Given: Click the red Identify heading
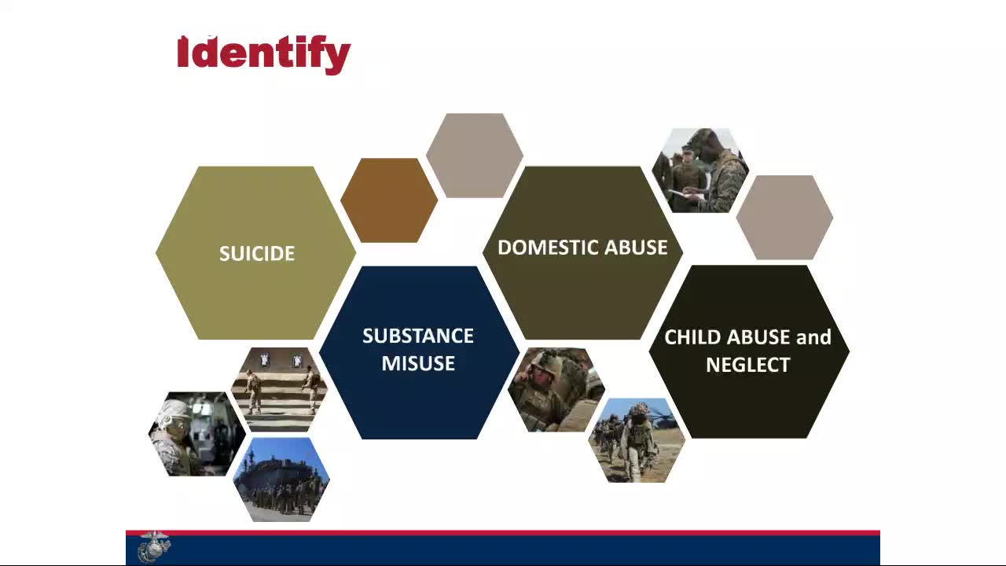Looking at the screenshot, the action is [263, 55].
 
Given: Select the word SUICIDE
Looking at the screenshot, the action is [257, 254].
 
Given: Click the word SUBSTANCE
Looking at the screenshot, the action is [417, 336].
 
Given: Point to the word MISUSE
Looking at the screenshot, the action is [418, 363].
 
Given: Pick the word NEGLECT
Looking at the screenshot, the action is [747, 365].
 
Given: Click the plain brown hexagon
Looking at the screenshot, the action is [389, 200].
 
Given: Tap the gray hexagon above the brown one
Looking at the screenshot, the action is [474, 156].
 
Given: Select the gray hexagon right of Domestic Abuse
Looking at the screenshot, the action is [784, 218].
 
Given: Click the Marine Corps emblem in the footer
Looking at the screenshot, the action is [154, 546].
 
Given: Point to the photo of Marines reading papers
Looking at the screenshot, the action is [700, 171].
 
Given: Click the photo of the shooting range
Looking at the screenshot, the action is [279, 389].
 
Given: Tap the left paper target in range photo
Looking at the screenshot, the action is [265, 359].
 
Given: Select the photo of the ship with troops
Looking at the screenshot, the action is [281, 480].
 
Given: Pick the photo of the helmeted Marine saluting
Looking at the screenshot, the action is [556, 390].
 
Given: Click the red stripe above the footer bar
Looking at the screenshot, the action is [502, 533].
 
